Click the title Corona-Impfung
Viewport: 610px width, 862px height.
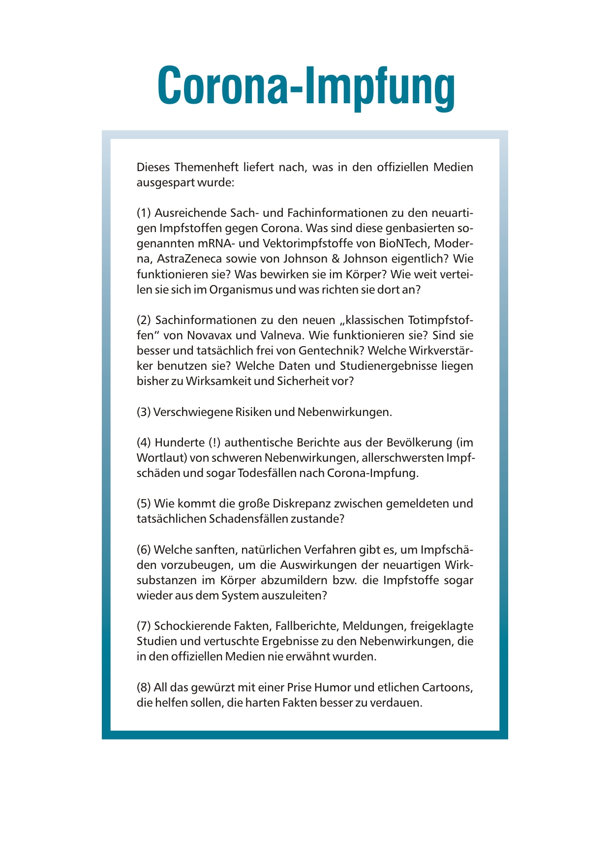point(306,87)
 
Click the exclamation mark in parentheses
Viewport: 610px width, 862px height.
point(215,442)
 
